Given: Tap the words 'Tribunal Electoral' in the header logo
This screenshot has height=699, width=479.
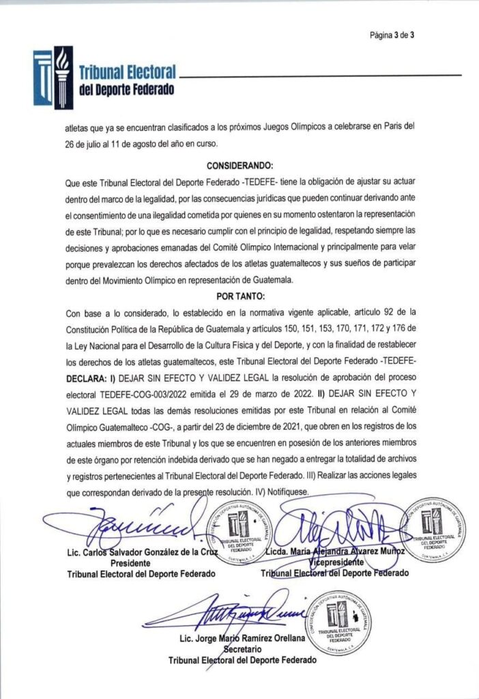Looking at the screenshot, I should pyautogui.click(x=128, y=71).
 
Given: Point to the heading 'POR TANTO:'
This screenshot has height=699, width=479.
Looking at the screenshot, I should pyautogui.click(x=239, y=297).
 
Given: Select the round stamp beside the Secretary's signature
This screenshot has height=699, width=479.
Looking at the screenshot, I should pyautogui.click(x=335, y=621).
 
